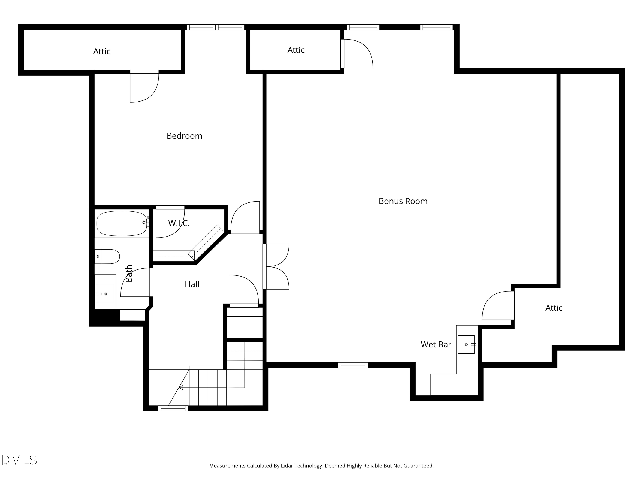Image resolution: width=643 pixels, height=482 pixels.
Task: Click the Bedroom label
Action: pyautogui.click(x=184, y=136)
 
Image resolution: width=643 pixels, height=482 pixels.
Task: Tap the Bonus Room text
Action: pyautogui.click(x=403, y=201)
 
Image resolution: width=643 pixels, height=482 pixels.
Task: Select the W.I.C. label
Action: pyautogui.click(x=179, y=223)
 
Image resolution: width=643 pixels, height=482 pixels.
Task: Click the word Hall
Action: pyautogui.click(x=192, y=284)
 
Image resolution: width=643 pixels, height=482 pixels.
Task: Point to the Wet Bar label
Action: pyautogui.click(x=436, y=344)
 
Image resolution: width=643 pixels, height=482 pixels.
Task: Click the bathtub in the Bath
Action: pyautogui.click(x=122, y=223)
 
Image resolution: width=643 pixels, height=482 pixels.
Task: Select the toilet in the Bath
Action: pyautogui.click(x=107, y=257)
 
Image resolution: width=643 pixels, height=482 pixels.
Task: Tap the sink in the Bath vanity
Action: pyautogui.click(x=105, y=294)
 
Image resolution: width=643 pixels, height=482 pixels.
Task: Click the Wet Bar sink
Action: pyautogui.click(x=466, y=344)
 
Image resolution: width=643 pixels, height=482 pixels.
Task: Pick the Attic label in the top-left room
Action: pyautogui.click(x=102, y=51)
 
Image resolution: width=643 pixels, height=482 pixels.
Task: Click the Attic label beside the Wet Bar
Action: pyautogui.click(x=554, y=308)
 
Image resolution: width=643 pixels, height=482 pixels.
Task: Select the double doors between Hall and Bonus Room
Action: pyautogui.click(x=276, y=267)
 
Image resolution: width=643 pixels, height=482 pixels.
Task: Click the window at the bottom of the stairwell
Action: pyautogui.click(x=173, y=408)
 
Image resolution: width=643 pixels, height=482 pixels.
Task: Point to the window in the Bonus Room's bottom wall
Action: pyautogui.click(x=353, y=365)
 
